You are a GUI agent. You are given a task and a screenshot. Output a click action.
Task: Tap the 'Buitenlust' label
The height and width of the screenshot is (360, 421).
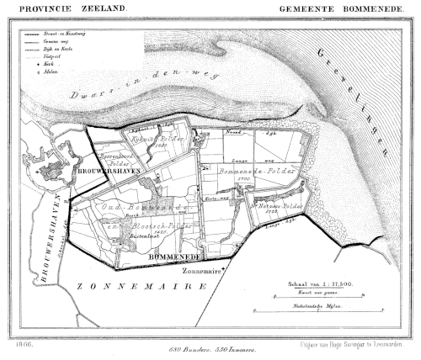144,240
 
